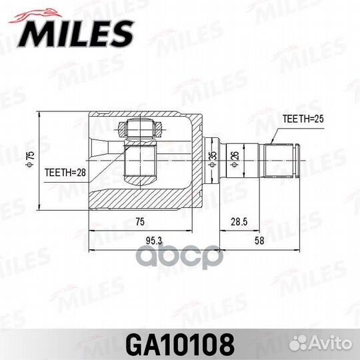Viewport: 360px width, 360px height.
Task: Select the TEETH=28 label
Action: click(x=66, y=171)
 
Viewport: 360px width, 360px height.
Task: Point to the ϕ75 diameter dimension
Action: click(x=30, y=159)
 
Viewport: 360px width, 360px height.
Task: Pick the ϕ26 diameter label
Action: click(x=233, y=159)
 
